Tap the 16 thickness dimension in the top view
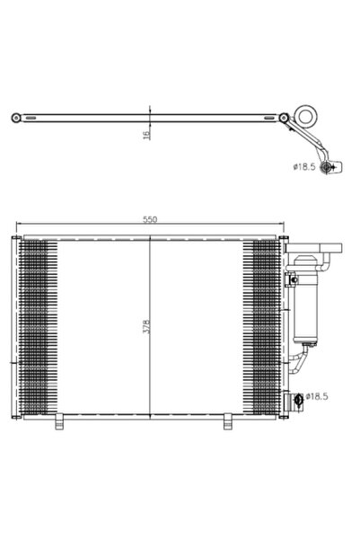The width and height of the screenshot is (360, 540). [x=145, y=134]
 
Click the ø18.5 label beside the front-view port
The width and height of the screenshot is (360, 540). [x=320, y=394]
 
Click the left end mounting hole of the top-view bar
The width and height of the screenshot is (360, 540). [x=15, y=117]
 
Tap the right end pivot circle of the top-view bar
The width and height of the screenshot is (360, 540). [x=284, y=117]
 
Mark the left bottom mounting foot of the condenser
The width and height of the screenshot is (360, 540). [x=59, y=419]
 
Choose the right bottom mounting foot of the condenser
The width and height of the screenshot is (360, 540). [x=229, y=419]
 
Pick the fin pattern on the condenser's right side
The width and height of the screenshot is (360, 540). [x=266, y=323]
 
